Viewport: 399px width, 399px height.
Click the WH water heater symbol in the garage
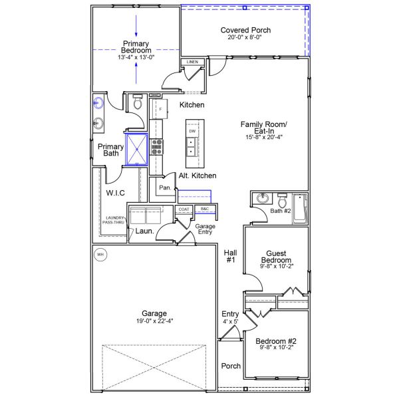(x=100, y=254)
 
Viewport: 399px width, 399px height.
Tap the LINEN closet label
(x=192, y=62)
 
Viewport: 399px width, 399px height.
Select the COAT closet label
(x=184, y=209)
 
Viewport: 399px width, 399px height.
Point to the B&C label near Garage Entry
(x=205, y=209)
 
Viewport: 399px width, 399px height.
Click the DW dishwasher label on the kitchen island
(x=192, y=132)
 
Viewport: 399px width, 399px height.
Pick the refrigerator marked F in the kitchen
(x=160, y=109)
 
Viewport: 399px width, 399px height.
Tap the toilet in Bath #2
(x=282, y=201)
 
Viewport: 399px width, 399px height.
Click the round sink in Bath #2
(x=261, y=199)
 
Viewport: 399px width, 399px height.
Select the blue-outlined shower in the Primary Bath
(x=137, y=148)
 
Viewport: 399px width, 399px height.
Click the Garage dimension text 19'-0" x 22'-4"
(x=154, y=322)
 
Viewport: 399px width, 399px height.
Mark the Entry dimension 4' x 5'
(x=230, y=322)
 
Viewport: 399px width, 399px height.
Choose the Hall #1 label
(x=230, y=256)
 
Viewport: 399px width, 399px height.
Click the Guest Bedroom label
(x=275, y=257)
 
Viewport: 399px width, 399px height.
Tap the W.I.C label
(x=115, y=193)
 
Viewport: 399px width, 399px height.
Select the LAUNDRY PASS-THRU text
(x=113, y=220)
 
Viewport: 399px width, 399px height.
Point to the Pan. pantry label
(x=165, y=188)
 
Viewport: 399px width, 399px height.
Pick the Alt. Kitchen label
(x=198, y=176)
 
